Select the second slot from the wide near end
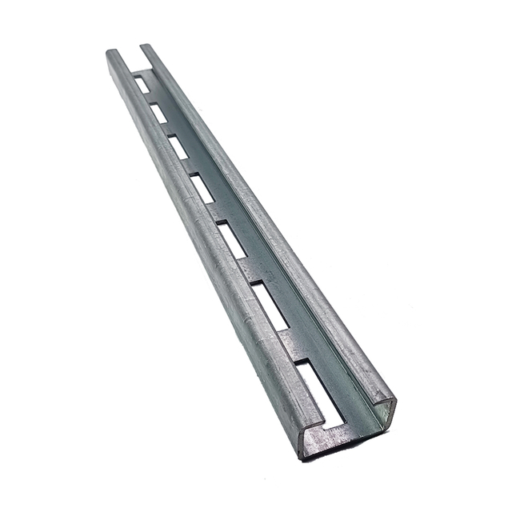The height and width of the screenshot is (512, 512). [x=270, y=306]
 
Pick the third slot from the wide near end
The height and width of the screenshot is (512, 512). [x=232, y=240]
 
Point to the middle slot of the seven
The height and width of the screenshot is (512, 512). [x=202, y=188]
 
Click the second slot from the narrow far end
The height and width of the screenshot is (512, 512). [x=158, y=113]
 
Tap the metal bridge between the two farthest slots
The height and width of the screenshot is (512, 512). [x=150, y=98]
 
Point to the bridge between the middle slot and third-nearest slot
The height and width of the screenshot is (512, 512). [x=216, y=213]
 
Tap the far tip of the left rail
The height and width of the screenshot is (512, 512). [x=112, y=54]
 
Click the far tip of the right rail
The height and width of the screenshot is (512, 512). [x=146, y=46]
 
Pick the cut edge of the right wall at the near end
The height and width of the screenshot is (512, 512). [x=390, y=413]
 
